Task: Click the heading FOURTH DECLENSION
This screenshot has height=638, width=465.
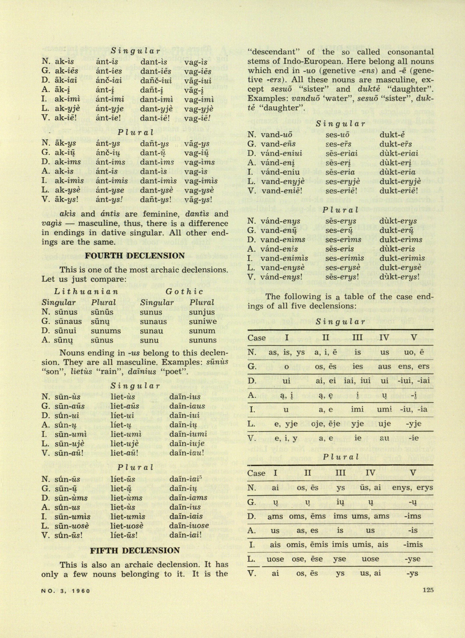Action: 135,256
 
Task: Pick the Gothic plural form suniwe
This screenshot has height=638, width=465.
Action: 203,322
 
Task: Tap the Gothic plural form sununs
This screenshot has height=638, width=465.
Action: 203,340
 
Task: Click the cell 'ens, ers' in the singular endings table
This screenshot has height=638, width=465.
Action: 414,366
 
